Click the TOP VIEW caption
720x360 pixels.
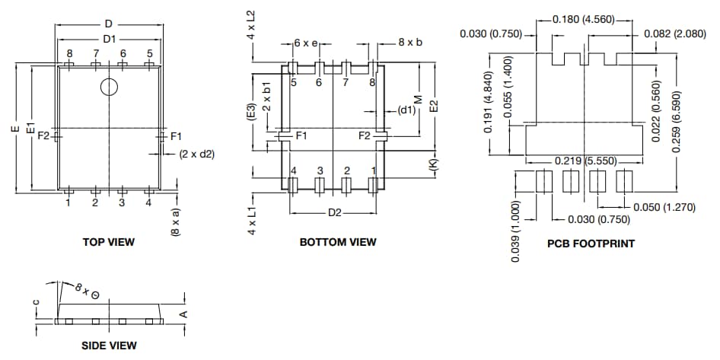(108, 242)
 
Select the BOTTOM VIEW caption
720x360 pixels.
(338, 242)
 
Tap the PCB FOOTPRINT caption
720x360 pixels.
(591, 244)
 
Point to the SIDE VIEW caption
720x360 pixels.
(109, 346)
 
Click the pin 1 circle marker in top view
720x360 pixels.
(110, 88)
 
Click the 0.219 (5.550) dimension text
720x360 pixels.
(584, 161)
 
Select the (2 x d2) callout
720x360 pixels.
(197, 154)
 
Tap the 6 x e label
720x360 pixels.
(307, 43)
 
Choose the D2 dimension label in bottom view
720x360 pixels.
(334, 212)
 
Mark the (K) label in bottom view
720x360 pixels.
(433, 164)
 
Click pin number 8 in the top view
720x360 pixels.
(69, 53)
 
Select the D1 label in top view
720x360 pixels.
(109, 38)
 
